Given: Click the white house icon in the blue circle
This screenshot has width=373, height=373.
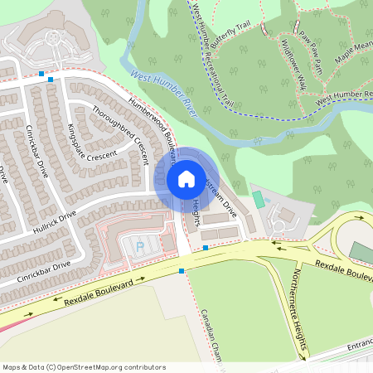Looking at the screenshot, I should coord(186,178).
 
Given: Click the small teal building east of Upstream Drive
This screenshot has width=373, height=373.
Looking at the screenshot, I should coord(259,200).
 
